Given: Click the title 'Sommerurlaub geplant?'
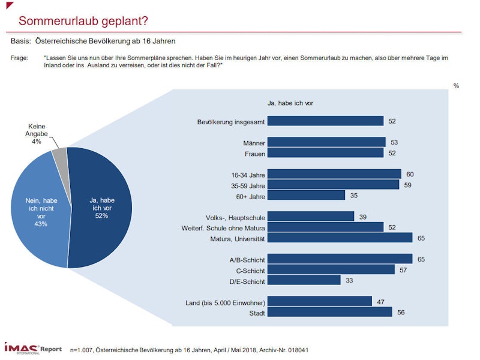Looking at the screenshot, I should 83,21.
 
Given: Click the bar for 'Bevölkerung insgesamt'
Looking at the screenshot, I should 325,121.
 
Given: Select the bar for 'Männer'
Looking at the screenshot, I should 326,142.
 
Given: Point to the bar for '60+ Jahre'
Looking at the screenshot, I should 306,195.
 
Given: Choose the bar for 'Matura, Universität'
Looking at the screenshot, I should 340,238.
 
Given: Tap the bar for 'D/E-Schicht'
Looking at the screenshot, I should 304,280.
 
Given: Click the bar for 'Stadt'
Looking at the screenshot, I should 329,312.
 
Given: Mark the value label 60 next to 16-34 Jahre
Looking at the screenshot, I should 410,174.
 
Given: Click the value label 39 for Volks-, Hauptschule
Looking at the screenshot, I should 363,217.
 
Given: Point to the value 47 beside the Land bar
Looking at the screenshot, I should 381,301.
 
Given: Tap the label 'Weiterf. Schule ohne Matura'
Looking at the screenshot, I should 223,227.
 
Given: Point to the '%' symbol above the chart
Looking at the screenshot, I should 456,86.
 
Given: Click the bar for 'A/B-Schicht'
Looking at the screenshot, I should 340,259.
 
